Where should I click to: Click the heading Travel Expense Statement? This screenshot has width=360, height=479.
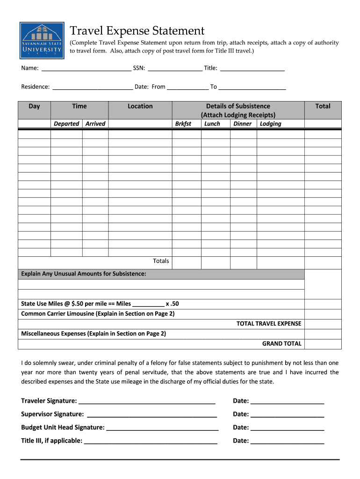click(137, 31)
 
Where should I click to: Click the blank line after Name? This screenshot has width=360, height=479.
click(86, 68)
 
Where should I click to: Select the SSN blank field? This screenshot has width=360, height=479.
click(175, 68)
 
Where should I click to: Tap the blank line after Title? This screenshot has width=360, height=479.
click(252, 68)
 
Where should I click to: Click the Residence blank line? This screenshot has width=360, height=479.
click(93, 87)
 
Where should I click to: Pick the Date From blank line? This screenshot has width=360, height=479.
click(187, 87)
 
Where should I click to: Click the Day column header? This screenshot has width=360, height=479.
click(34, 106)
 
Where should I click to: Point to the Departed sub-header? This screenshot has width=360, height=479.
click(66, 123)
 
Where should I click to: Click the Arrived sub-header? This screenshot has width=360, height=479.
click(95, 123)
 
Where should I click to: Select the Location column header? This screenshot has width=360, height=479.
click(140, 106)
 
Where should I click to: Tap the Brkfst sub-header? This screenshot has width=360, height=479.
click(183, 123)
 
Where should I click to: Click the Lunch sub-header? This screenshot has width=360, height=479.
click(212, 123)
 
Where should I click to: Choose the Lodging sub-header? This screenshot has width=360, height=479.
click(271, 123)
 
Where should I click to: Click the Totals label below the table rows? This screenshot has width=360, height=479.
click(161, 261)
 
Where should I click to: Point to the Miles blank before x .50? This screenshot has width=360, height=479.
click(148, 304)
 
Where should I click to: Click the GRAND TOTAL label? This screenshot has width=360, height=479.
click(281, 343)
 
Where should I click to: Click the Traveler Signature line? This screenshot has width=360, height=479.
click(147, 401)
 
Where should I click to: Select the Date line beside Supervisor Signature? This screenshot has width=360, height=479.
click(287, 414)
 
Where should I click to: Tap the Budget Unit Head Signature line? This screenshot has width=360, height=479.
click(162, 427)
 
